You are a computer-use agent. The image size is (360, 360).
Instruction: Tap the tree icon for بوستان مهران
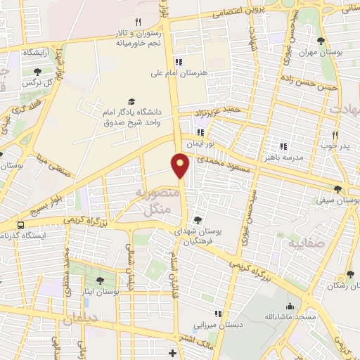[321, 41]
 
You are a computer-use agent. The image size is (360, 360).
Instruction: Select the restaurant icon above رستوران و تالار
[138, 22]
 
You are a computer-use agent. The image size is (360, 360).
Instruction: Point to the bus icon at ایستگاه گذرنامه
[20, 226]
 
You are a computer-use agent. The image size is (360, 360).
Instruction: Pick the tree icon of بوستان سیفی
[338, 188]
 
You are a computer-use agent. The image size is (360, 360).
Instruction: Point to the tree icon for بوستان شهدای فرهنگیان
[197, 219]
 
